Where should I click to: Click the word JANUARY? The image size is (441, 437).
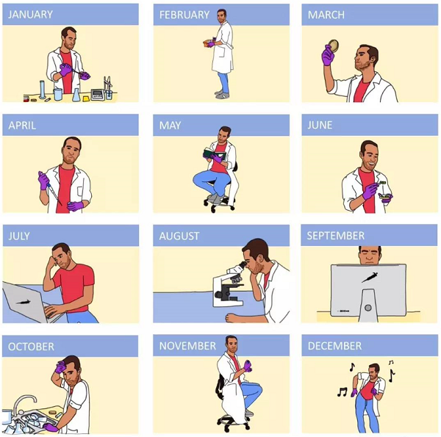point(30,15)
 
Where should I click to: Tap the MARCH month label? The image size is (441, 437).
point(326,15)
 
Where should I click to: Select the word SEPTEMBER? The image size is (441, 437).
point(336,236)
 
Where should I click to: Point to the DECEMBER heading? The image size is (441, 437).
point(334,346)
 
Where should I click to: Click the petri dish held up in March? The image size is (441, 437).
point(334,46)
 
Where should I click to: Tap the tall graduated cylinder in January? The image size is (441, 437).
point(43,89)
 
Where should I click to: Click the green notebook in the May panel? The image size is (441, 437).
point(215,154)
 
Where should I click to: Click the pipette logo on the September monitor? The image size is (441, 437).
point(369,278)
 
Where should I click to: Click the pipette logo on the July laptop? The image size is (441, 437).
point(23,303)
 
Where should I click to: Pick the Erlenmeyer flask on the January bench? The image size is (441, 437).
point(76,95)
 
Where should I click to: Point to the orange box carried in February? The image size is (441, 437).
point(207,44)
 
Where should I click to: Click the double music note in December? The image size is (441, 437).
point(342,391)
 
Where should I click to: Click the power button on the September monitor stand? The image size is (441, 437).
point(368,308)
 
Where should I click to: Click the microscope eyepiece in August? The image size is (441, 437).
point(242,264)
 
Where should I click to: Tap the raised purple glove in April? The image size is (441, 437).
point(43,181)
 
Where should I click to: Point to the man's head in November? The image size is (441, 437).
point(231,343)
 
